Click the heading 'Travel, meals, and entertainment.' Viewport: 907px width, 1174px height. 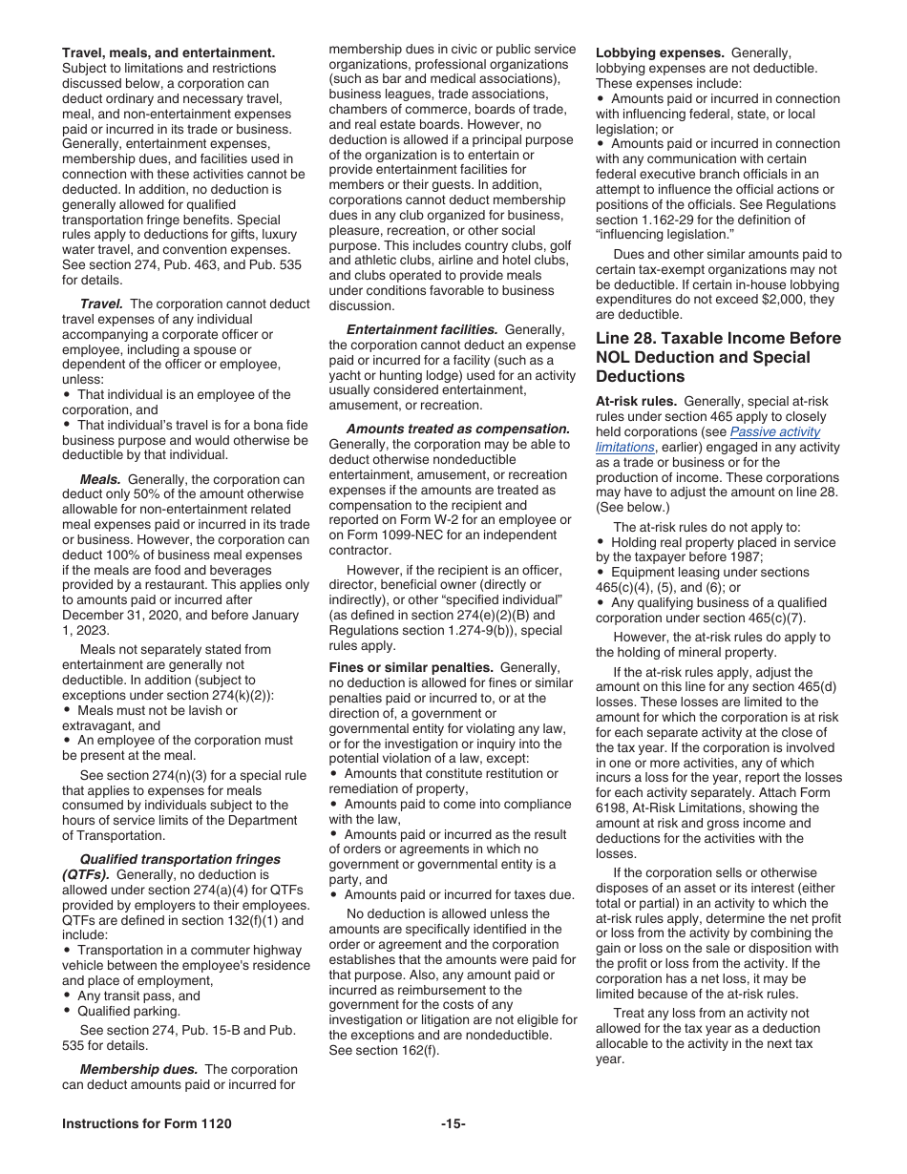168,52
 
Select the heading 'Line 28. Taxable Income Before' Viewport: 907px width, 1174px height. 718,338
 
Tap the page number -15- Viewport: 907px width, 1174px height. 453,1124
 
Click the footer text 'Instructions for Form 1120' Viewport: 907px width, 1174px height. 146,1124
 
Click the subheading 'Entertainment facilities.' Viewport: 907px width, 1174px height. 421,329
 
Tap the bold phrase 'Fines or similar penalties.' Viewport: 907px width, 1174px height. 411,667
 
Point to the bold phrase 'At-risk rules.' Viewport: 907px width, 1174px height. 638,402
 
